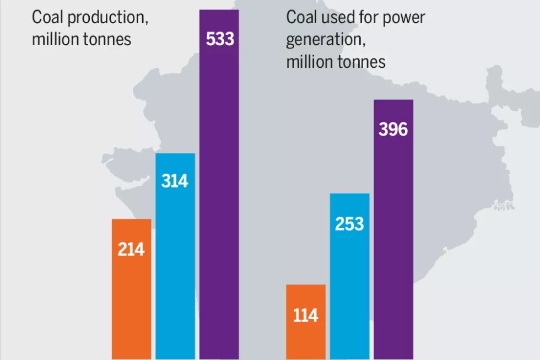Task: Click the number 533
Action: pyautogui.click(x=220, y=40)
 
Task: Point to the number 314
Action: pyautogui.click(x=175, y=181)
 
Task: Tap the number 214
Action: pyautogui.click(x=131, y=250)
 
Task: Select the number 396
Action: pyautogui.click(x=393, y=130)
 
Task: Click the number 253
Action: pyautogui.click(x=349, y=224)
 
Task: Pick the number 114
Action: pyautogui.click(x=306, y=315)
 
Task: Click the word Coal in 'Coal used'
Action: pyautogui.click(x=301, y=17)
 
